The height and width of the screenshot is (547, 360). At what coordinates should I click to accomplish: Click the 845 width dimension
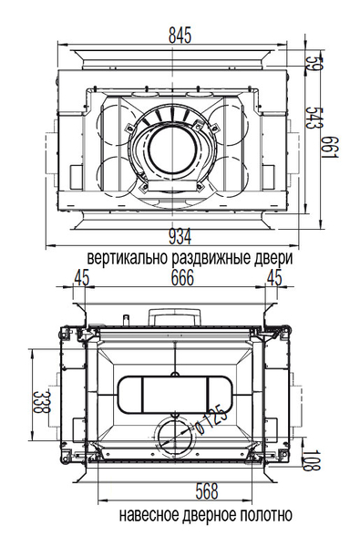point(180,35)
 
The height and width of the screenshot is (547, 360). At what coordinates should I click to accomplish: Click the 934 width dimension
point(180,238)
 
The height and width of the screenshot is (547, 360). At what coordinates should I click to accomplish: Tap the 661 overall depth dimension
point(330,147)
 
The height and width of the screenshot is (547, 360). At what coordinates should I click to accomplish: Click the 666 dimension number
point(182,278)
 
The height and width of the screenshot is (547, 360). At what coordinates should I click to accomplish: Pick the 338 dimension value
point(42,401)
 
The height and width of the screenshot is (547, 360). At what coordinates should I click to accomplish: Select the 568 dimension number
point(207,491)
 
